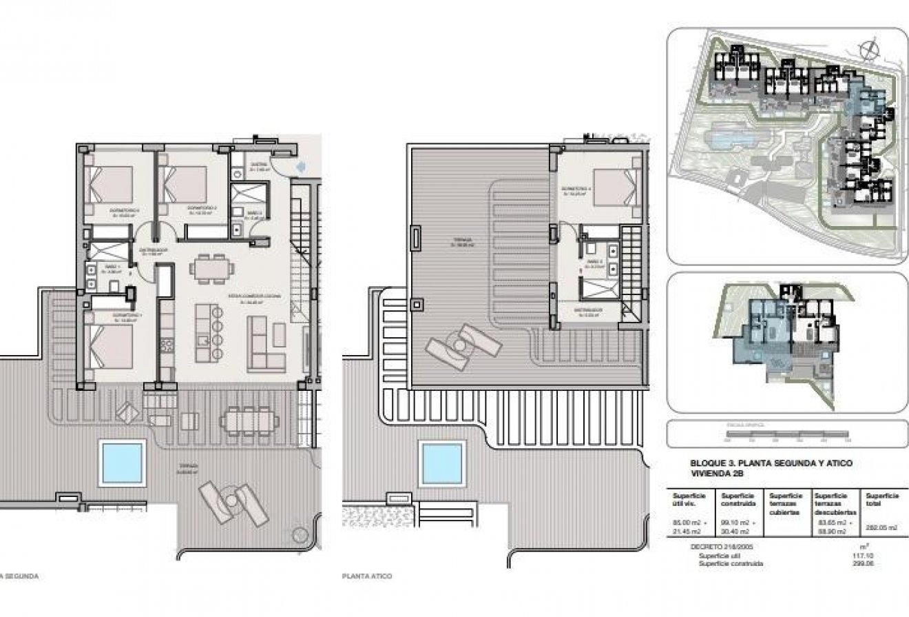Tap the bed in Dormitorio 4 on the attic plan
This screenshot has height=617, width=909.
click(x=612, y=187)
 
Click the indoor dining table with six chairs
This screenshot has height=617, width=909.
click(x=211, y=269)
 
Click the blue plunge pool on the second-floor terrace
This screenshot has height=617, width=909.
click(x=124, y=463)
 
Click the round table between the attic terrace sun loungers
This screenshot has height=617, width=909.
click(x=455, y=343)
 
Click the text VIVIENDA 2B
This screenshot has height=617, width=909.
click(x=719, y=474)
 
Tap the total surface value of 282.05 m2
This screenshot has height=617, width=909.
click(x=882, y=527)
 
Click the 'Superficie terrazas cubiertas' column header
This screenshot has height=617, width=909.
click(x=786, y=504)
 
